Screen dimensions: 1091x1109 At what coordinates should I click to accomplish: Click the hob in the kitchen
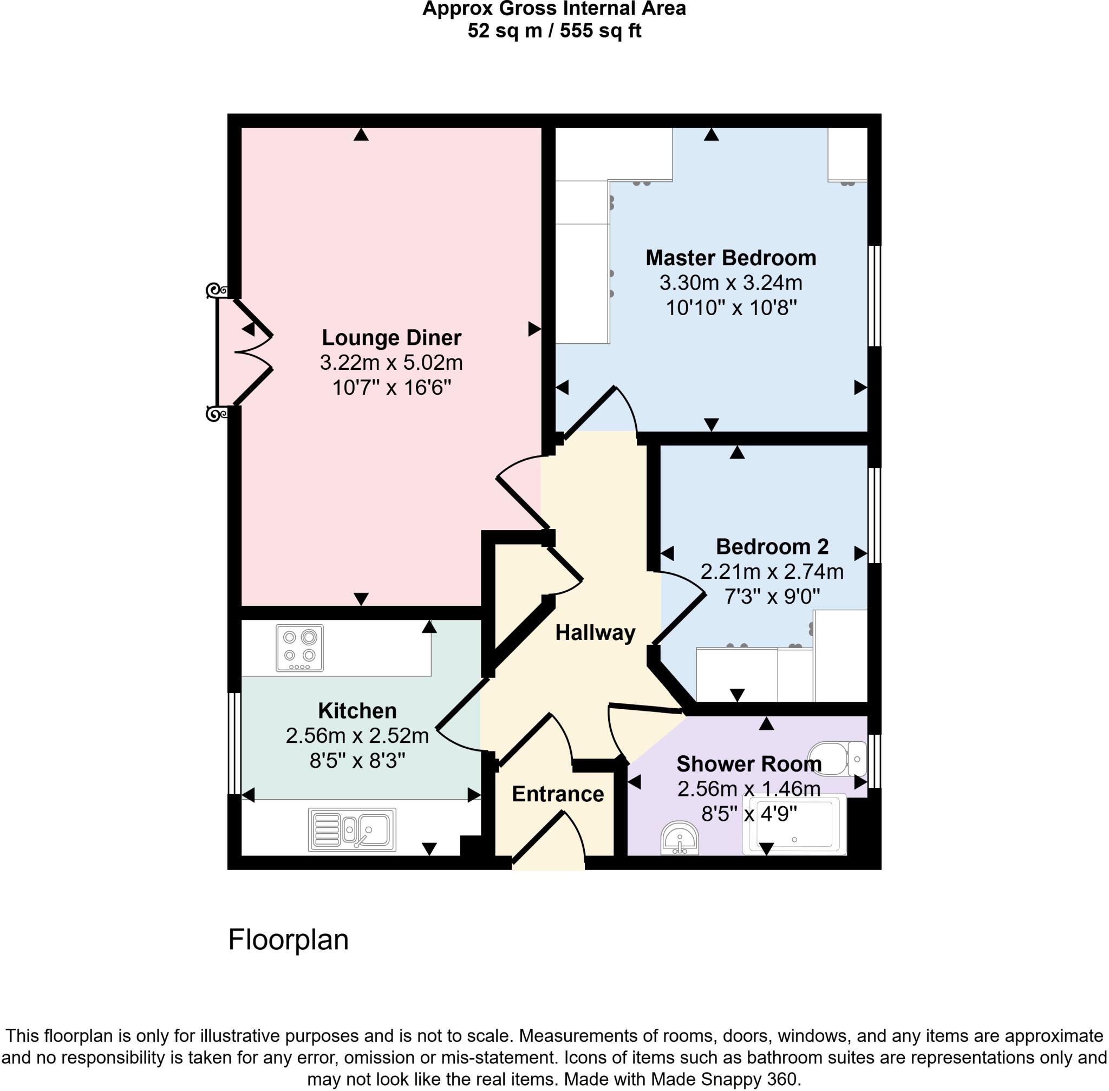pos(299,648)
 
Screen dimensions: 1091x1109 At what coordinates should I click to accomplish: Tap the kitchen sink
pos(352,829)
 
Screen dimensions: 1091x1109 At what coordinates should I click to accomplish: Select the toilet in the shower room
pos(836,759)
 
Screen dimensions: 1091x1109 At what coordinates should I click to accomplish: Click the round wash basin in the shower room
pos(679,839)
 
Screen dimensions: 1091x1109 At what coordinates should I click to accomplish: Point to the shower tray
pos(794,825)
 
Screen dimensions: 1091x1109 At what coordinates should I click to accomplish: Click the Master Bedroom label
pos(730,258)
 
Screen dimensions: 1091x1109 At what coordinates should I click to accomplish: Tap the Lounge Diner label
pos(392,337)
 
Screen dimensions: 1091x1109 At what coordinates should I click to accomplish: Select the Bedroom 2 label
pos(772,546)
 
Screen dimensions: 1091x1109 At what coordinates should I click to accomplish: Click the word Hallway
pos(595,632)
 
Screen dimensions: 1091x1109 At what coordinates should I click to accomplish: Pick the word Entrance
pos(558,794)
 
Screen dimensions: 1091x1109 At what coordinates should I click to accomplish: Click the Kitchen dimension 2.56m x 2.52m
pos(357,736)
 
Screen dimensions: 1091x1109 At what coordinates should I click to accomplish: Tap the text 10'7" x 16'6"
pos(392,388)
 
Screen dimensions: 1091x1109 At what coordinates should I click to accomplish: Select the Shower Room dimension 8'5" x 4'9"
pos(749,814)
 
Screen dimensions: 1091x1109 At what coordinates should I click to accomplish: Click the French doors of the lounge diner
pos(244,352)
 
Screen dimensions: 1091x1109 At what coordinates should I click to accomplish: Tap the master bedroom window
pos(874,296)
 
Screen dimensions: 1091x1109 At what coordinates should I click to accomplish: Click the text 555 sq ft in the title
pos(600,30)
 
